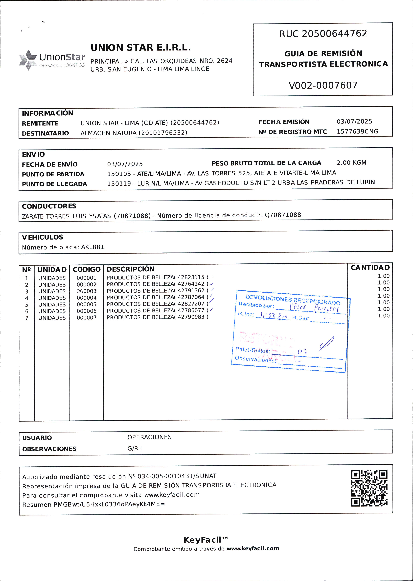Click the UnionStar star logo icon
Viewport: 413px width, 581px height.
click(x=28, y=60)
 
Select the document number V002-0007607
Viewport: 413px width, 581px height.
click(x=323, y=85)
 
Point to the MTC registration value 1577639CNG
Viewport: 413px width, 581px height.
click(x=357, y=131)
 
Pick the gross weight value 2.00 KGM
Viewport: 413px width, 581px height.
click(x=351, y=163)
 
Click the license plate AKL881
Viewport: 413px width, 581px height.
click(x=92, y=247)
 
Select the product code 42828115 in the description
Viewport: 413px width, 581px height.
click(x=191, y=277)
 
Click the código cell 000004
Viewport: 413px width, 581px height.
click(x=87, y=298)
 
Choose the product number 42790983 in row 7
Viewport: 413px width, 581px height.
click(x=191, y=317)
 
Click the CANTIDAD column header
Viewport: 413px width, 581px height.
click(x=370, y=268)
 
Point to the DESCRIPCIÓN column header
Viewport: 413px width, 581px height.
click(x=130, y=269)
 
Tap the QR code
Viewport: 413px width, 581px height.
click(x=369, y=488)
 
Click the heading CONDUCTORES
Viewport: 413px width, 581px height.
click(x=49, y=206)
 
